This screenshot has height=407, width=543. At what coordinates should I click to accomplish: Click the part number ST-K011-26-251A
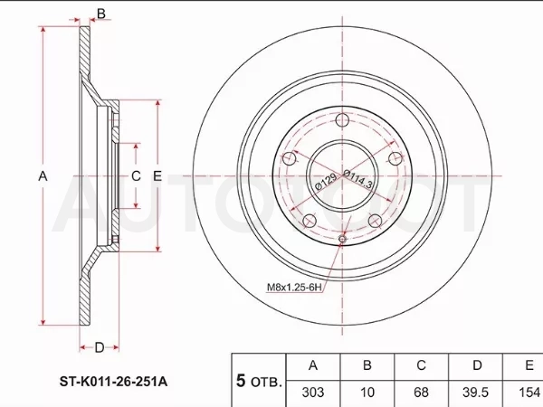[113, 382]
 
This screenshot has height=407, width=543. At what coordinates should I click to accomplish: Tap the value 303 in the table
[313, 393]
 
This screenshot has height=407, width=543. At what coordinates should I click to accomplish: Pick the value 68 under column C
[421, 393]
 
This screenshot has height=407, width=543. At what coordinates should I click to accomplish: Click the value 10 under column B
[367, 393]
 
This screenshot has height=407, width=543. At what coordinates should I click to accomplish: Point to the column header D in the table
[477, 365]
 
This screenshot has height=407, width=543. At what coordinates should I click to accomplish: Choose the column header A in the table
[313, 365]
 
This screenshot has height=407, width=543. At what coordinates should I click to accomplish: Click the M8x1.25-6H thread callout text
[294, 287]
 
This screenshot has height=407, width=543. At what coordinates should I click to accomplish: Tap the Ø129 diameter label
[325, 182]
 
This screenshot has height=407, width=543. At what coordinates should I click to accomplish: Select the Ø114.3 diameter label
[357, 179]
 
